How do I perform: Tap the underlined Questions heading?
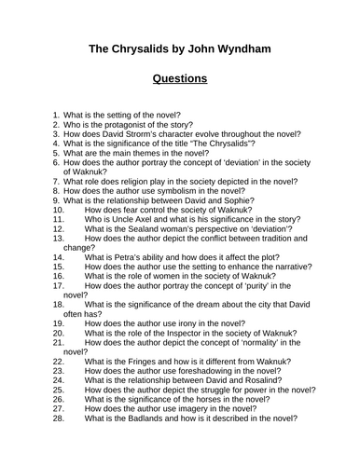tap(179, 78)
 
